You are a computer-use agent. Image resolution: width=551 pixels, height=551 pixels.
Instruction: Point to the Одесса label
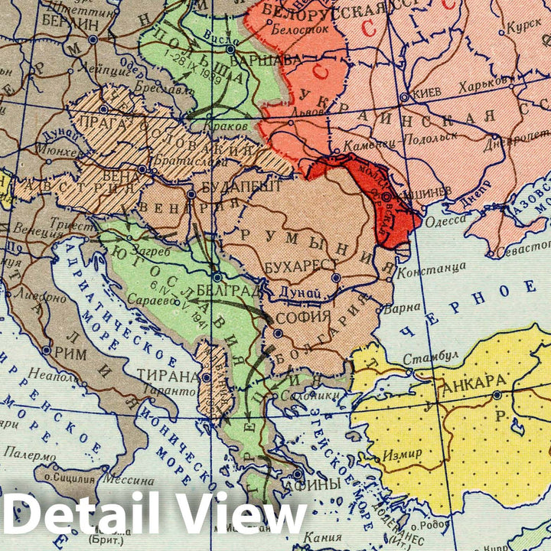(x=445, y=220)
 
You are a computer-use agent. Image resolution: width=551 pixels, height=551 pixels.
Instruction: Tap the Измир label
(x=403, y=453)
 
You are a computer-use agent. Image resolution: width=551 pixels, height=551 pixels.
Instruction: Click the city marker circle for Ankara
(x=497, y=394)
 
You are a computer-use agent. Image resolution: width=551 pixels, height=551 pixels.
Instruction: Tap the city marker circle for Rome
(x=47, y=350)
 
